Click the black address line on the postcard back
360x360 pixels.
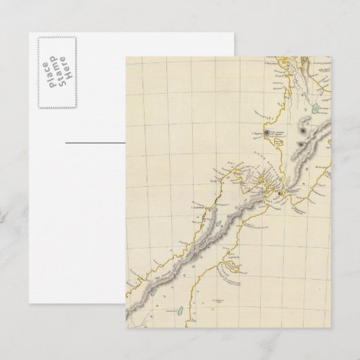coord(96,143)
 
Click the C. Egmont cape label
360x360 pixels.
coord(256,132)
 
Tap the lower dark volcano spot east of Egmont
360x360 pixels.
coord(300,145)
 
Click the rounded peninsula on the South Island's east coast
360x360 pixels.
coord(234,275)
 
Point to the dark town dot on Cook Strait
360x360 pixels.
coord(281,196)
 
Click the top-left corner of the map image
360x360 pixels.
coord(126,56)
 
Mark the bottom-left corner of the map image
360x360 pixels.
coord(126,328)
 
